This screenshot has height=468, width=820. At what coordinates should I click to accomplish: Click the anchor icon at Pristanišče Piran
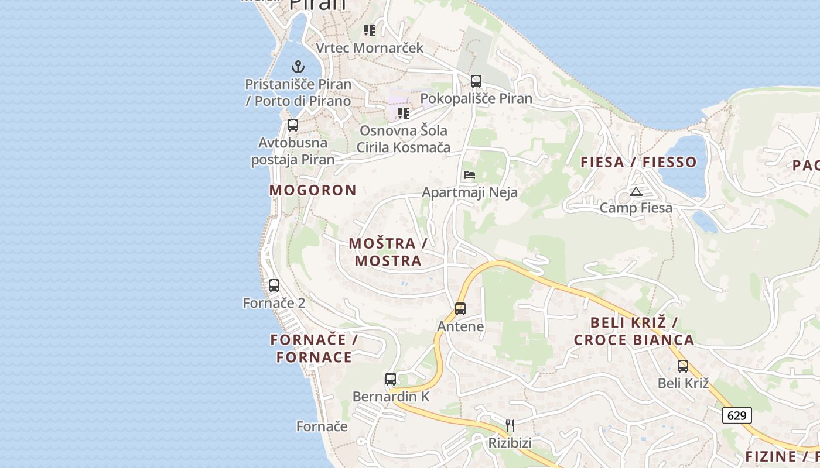[x=298, y=67]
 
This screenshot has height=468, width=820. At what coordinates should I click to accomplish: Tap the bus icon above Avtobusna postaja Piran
[x=293, y=125]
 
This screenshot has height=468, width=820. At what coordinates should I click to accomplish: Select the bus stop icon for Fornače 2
[x=274, y=285]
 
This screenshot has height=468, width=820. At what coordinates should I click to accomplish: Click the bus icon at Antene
[x=460, y=309]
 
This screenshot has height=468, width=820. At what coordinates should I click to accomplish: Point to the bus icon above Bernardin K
[x=391, y=378]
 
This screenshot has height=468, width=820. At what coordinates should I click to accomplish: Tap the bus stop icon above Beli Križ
[x=683, y=366]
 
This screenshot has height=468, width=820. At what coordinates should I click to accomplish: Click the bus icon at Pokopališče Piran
[x=476, y=81]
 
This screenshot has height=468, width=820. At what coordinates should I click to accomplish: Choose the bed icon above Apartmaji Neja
[x=470, y=174]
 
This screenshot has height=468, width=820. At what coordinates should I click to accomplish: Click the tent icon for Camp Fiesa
[x=636, y=191]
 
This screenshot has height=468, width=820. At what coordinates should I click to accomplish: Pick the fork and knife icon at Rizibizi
[x=510, y=425]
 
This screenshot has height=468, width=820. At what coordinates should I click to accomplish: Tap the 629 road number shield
[x=737, y=415]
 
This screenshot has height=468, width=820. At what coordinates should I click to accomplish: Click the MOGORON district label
[x=313, y=190]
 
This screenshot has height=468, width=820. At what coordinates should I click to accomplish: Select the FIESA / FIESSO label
[x=638, y=162]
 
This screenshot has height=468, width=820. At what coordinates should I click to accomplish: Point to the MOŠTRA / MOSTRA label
[x=388, y=252]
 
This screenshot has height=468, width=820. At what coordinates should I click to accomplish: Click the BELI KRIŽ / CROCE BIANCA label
[x=634, y=331]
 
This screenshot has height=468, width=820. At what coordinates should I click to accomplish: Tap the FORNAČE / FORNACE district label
[x=315, y=349]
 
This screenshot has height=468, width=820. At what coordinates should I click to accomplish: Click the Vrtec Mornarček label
[x=369, y=47]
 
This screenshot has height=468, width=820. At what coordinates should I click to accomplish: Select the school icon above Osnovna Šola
[x=403, y=113]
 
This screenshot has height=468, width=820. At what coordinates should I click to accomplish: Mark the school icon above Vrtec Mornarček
[x=369, y=30]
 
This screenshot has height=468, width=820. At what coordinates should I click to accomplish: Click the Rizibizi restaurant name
[x=510, y=443]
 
